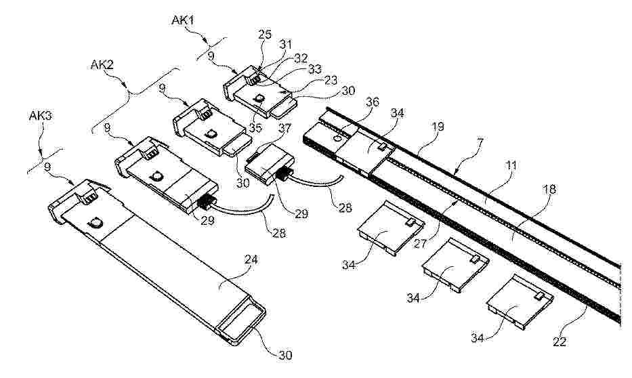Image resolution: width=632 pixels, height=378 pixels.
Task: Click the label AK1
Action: [x=183, y=20]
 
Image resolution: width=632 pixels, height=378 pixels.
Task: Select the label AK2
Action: [x=102, y=65]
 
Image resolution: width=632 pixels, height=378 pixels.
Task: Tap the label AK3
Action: [x=41, y=116]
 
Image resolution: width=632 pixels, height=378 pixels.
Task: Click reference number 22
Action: [x=560, y=341]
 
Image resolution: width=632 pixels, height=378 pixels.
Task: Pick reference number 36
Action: [x=372, y=102]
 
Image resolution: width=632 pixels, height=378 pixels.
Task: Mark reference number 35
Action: [x=255, y=127]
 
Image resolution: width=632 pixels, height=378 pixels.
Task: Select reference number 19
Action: [x=438, y=127]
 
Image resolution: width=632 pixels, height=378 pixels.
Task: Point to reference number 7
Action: [x=480, y=142]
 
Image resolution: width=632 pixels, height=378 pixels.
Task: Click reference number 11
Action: [x=511, y=165]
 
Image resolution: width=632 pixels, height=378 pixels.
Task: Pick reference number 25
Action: [x=265, y=35]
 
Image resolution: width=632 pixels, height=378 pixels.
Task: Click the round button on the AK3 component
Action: [x=96, y=222]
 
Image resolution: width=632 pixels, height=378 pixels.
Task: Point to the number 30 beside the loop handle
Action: [x=285, y=355]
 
